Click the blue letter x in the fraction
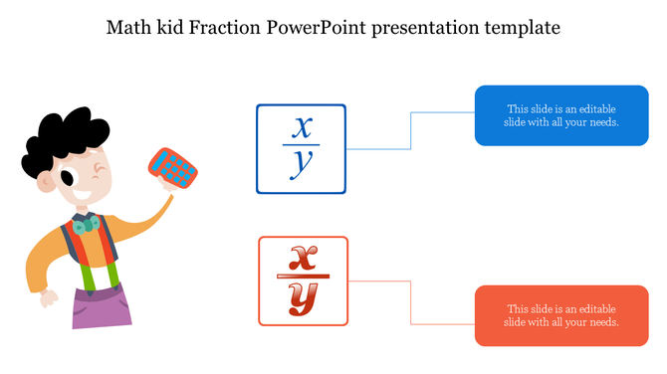point(302,128)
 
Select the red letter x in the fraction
point(303,258)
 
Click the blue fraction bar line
point(301,147)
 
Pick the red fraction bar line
point(303,278)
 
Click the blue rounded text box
point(561,115)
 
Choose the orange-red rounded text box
point(561,315)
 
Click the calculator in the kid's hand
point(174,169)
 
